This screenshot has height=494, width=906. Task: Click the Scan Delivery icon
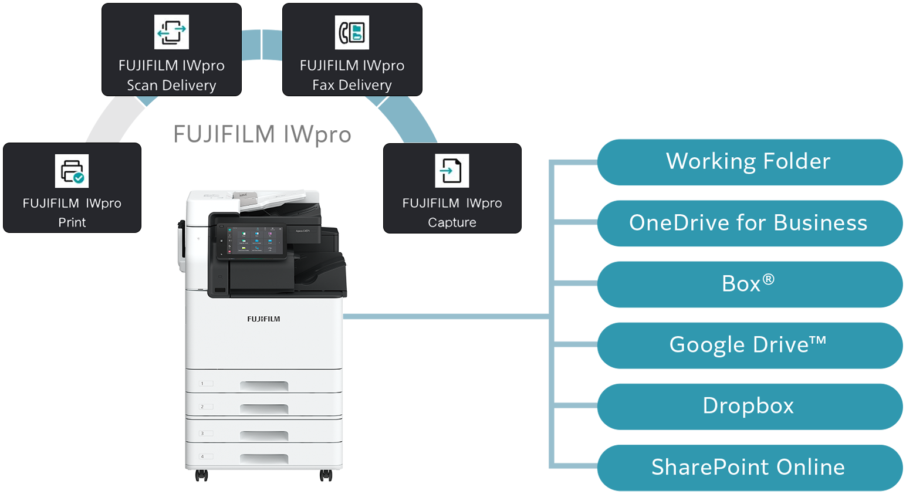pos(171,32)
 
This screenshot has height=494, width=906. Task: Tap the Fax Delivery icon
pos(352,32)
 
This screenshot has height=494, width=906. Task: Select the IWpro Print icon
pos(72,171)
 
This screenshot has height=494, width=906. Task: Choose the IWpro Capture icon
pos(452,171)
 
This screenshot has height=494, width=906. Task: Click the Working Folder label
pos(748,161)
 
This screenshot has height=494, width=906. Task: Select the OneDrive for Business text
pos(748,223)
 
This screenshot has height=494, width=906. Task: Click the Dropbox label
pos(748,406)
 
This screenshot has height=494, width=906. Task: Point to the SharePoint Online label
pos(748,467)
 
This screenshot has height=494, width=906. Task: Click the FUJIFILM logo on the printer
pos(263,319)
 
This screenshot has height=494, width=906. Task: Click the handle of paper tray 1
pos(264,385)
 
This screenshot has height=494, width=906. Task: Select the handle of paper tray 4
pos(264,458)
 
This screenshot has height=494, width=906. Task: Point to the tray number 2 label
pos(202,407)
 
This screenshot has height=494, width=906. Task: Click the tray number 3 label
pos(202,434)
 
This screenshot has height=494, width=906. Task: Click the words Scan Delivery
pos(171,86)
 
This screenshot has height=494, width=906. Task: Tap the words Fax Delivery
pos(352,86)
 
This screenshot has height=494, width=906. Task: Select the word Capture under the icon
pos(452,223)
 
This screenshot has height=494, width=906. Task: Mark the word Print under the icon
pos(72,223)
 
